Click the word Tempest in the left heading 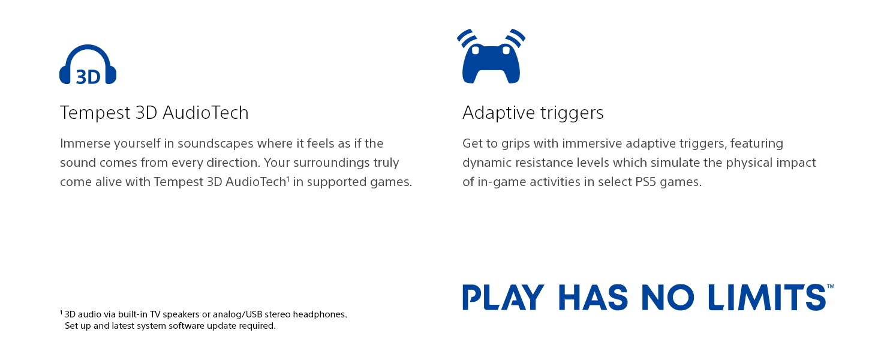tap(95, 113)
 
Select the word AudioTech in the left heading tap(205, 113)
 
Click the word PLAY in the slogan tap(503, 297)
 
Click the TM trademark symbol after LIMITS tap(830, 287)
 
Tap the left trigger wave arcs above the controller tap(467, 38)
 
